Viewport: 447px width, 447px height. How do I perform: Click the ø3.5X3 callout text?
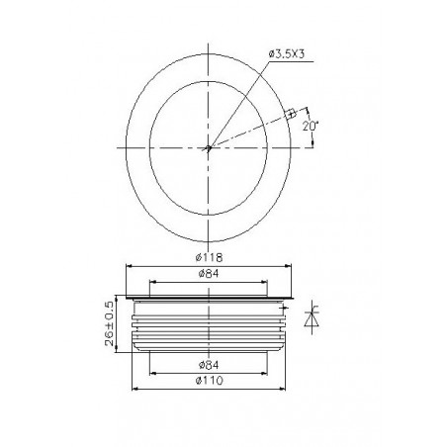click(287, 54)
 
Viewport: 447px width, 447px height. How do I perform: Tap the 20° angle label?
click(310, 127)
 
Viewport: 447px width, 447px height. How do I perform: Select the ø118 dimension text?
click(209, 257)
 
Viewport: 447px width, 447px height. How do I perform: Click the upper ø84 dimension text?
click(209, 274)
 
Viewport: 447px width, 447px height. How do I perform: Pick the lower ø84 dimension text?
click(209, 365)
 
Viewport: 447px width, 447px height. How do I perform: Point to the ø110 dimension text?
click(209, 381)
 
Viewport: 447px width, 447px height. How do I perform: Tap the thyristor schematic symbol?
click(312, 317)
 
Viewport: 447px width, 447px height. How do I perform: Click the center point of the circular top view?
click(208, 148)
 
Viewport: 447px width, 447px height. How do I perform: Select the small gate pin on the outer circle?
click(291, 114)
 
